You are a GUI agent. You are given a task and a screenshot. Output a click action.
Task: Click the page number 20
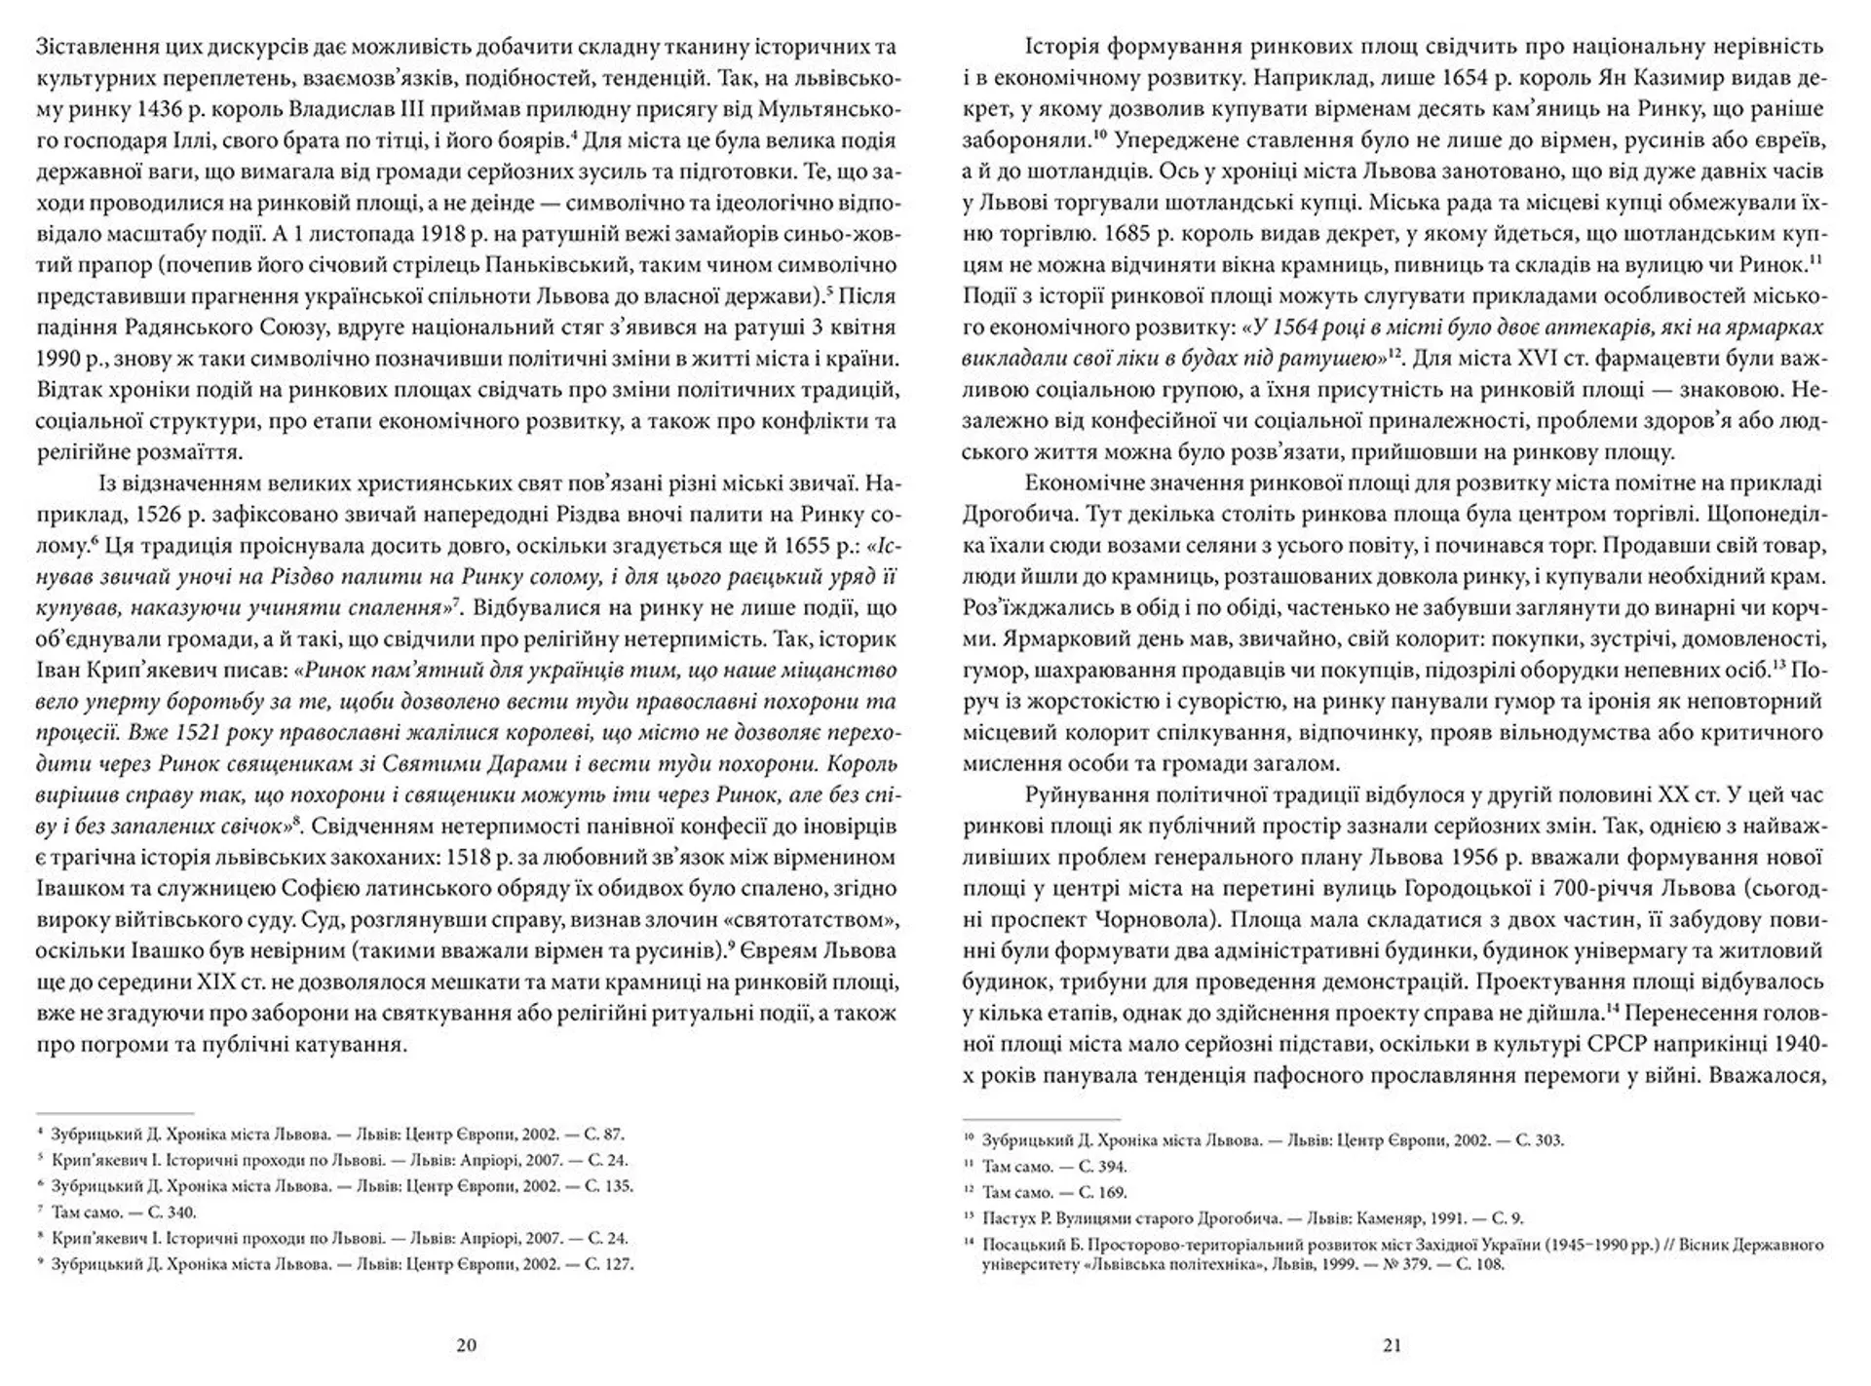click(x=466, y=1345)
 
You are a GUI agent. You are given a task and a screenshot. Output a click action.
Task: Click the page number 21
click(x=1392, y=1345)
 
